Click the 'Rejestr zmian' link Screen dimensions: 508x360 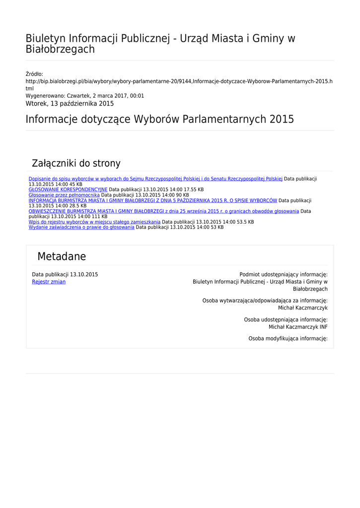pyautogui.click(x=49, y=282)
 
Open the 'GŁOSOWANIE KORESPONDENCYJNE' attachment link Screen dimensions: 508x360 pyautogui.click(x=68, y=190)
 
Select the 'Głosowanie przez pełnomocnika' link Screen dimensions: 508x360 pyautogui.click(x=64, y=195)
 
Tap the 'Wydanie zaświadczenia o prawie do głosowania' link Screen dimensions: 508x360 pyautogui.click(x=81, y=227)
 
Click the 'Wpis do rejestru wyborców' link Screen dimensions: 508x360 pyautogui.click(x=94, y=222)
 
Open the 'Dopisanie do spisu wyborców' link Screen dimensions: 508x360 pyautogui.click(x=155, y=179)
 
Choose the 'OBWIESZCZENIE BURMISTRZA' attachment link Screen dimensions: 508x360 pyautogui.click(x=164, y=211)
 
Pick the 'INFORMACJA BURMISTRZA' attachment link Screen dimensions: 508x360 pyautogui.click(x=153, y=200)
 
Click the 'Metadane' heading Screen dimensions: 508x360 pyautogui.click(x=62, y=256)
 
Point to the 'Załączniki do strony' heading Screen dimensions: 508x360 pyautogui.click(x=76, y=163)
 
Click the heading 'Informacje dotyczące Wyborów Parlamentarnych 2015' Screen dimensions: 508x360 pyautogui.click(x=160, y=119)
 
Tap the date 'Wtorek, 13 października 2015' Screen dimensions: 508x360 pyautogui.click(x=70, y=104)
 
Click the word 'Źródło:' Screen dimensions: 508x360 pyautogui.click(x=34, y=74)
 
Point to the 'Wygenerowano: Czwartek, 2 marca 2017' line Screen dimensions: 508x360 pyautogui.click(x=85, y=96)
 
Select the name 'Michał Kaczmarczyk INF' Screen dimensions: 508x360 pyautogui.click(x=298, y=327)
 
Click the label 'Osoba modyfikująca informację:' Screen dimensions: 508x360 pyautogui.click(x=288, y=338)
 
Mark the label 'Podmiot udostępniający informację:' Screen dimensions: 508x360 pyautogui.click(x=284, y=274)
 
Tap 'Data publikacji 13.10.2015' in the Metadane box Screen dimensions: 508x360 pyautogui.click(x=65, y=274)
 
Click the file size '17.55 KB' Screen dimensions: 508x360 pyautogui.click(x=194, y=190)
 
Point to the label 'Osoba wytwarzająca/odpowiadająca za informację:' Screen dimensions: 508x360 pyautogui.click(x=265, y=301)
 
